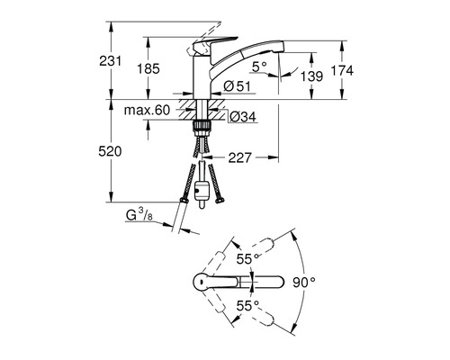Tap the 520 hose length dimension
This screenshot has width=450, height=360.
(124, 154)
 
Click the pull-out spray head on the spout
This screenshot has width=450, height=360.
(262, 58)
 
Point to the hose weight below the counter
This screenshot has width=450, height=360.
(203, 192)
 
